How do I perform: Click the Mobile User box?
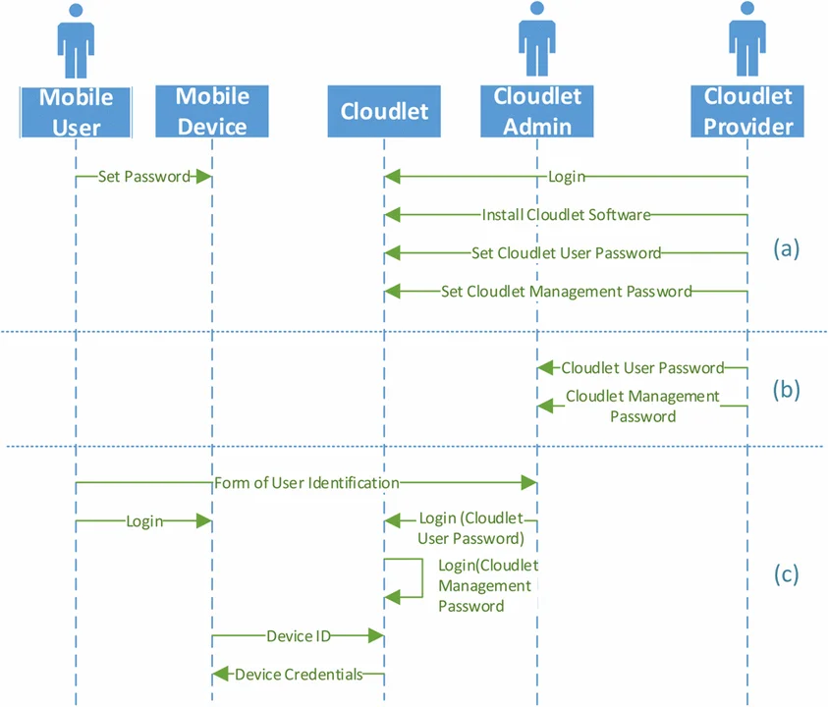(x=76, y=111)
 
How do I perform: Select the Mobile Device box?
(x=212, y=111)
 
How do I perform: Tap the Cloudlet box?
(x=384, y=111)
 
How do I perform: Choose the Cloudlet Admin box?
(x=537, y=111)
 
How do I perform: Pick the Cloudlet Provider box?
(x=748, y=111)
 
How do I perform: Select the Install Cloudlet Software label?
(x=566, y=214)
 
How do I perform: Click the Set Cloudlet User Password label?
(x=566, y=252)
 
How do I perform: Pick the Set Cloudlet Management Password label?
(x=566, y=291)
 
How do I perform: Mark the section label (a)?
(x=787, y=248)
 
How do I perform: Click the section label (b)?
(x=787, y=389)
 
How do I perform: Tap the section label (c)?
(x=787, y=573)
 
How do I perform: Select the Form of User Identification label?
(x=306, y=483)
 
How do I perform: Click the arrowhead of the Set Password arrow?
(x=204, y=177)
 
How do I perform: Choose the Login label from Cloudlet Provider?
(x=567, y=177)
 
